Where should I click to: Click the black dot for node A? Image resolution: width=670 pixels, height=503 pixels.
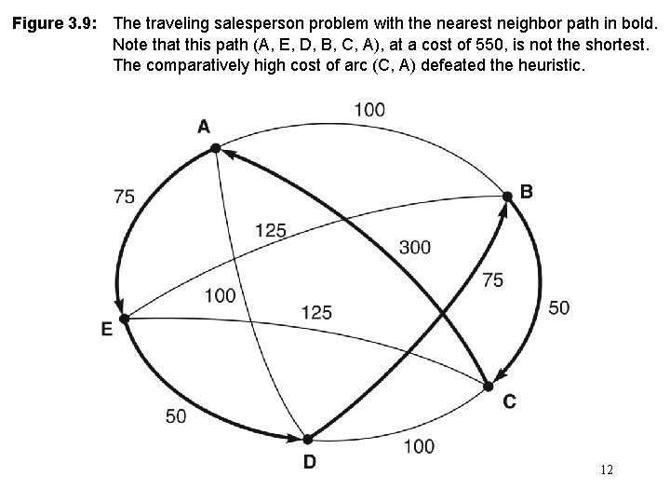coord(215,147)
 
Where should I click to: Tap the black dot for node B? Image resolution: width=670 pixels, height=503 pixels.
coord(507,196)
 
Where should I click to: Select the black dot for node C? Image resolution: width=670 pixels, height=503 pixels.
coord(486,386)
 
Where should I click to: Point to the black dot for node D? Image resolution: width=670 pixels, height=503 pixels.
coord(306,438)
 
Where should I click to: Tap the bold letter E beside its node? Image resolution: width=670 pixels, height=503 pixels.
coord(106,329)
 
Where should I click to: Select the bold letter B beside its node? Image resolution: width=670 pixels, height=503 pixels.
coord(527,192)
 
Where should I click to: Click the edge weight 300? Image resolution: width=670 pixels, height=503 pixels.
coord(414,247)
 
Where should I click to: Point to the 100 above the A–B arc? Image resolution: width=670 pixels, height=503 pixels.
coord(369,110)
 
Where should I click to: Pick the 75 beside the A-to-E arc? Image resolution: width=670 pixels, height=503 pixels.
coord(124,196)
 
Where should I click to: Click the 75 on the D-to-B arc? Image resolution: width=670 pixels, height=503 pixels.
coord(493,279)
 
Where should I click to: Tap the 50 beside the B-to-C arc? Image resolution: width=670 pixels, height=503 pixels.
coord(558,307)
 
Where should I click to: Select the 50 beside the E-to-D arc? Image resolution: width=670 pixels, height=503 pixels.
coord(176,415)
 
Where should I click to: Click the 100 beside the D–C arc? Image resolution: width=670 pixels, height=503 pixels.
coord(419,446)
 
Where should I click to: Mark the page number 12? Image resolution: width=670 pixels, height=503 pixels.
coord(607,470)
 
